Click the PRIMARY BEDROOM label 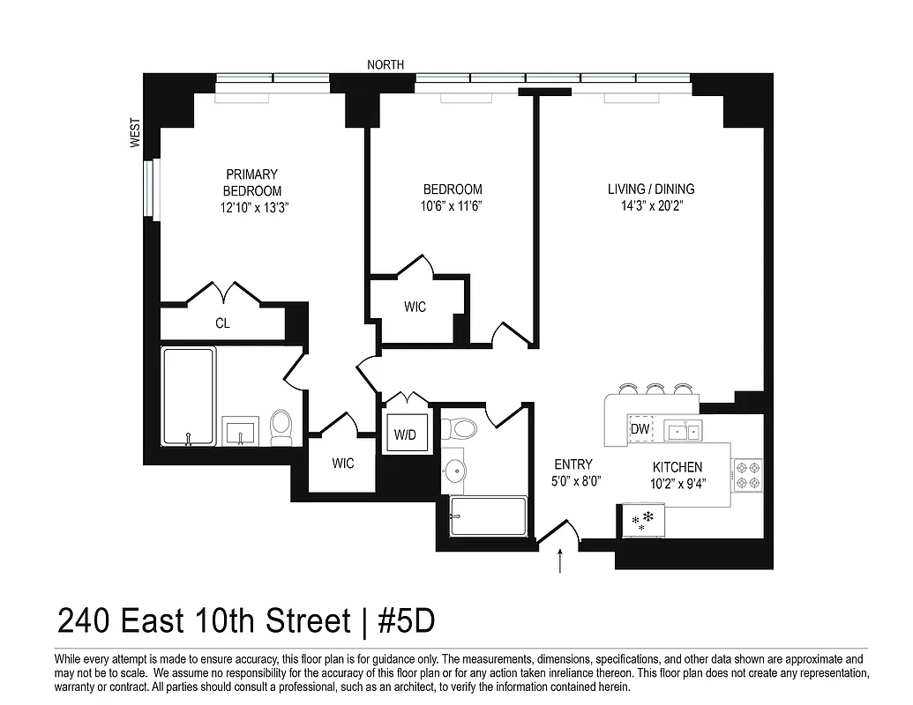pyautogui.click(x=251, y=182)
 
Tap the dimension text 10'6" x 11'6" pyautogui.click(x=453, y=205)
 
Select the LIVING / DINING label pyautogui.click(x=651, y=189)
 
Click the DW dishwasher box pyautogui.click(x=640, y=429)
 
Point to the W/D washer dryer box pyautogui.click(x=407, y=434)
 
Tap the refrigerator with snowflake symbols pyautogui.click(x=645, y=520)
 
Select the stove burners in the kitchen pyautogui.click(x=748, y=475)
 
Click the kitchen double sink pyautogui.click(x=684, y=431)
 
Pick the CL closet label pyautogui.click(x=222, y=323)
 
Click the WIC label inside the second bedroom pyautogui.click(x=415, y=307)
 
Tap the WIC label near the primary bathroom pyautogui.click(x=343, y=463)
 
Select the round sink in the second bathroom pyautogui.click(x=454, y=470)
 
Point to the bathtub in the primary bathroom pyautogui.click(x=189, y=397)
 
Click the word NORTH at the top pyautogui.click(x=386, y=64)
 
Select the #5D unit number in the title pyautogui.click(x=407, y=621)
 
